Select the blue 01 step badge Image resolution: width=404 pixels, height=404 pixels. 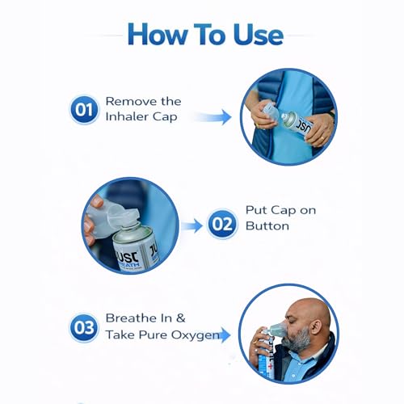(84, 110)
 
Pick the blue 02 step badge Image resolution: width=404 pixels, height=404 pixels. (222, 224)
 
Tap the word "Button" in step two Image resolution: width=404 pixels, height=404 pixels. (267, 227)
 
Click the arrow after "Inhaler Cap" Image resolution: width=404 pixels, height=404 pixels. (211, 118)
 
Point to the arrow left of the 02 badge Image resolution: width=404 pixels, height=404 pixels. (191, 225)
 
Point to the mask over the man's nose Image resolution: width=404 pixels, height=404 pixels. (277, 332)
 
